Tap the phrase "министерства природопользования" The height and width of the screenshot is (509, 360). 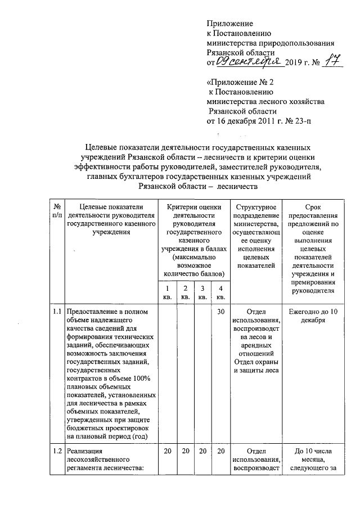click(x=271, y=42)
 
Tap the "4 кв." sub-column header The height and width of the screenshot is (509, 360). click(x=220, y=292)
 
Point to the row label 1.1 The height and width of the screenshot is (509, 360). click(x=57, y=312)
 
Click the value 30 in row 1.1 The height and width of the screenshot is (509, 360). click(x=221, y=312)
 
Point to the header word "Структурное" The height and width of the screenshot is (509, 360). click(x=256, y=207)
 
